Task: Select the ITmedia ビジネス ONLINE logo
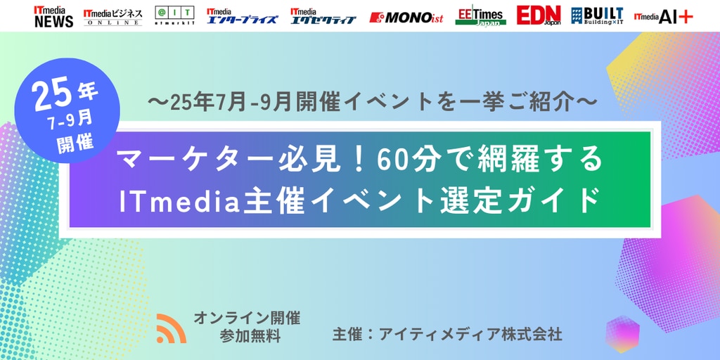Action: (x=113, y=17)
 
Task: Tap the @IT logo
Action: (x=174, y=16)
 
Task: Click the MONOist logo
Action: (x=406, y=18)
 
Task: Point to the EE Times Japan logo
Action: (x=481, y=17)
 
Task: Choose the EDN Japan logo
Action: (x=539, y=15)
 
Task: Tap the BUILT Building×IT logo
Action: (x=597, y=16)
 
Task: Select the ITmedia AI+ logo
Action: (x=664, y=17)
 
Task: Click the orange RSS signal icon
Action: (x=172, y=328)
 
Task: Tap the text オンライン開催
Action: (x=247, y=318)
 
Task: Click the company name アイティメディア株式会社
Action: (x=470, y=334)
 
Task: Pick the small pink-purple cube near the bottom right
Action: (x=622, y=334)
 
